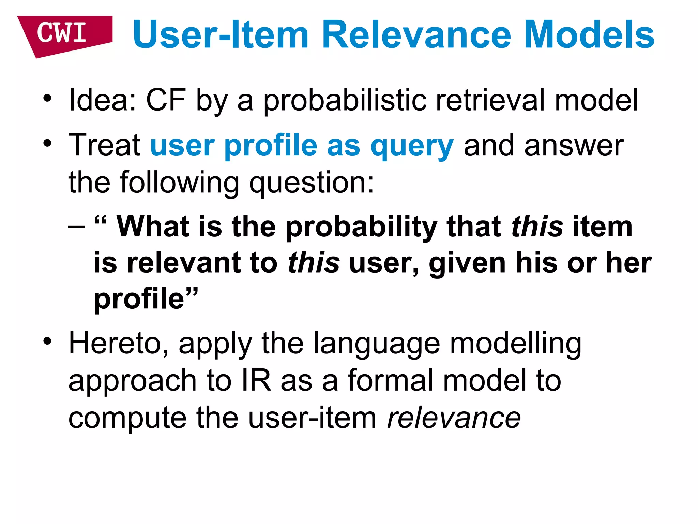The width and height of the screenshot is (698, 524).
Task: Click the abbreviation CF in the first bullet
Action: tap(166, 100)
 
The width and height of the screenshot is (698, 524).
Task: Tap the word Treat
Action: tap(104, 145)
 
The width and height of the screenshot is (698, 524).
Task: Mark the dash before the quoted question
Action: tap(76, 227)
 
